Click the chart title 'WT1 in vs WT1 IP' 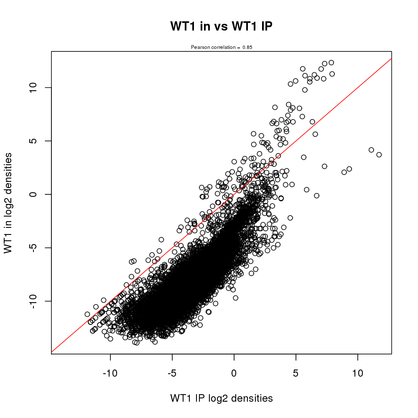[222, 26]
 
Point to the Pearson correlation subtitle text [222, 47]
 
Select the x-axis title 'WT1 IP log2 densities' [222, 398]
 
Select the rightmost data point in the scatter [379, 155]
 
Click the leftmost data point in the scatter [87, 314]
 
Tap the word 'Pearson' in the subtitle [199, 47]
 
